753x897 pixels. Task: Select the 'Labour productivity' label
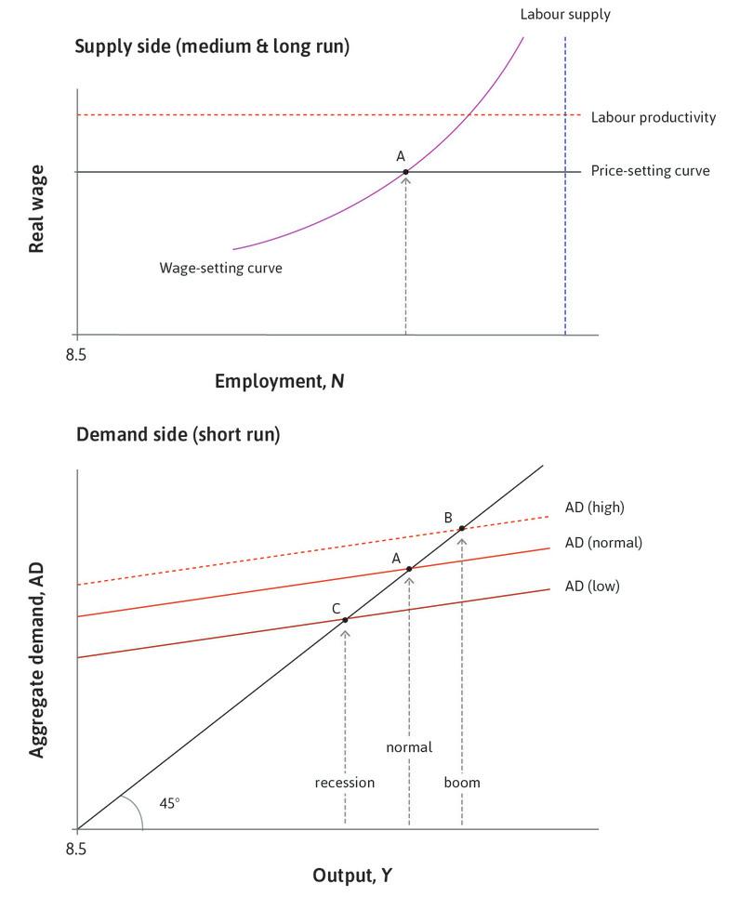(x=654, y=117)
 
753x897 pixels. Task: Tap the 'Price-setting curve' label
(x=650, y=171)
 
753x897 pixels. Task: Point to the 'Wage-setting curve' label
(x=220, y=268)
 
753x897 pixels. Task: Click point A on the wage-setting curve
(x=406, y=172)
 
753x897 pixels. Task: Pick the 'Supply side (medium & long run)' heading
(x=212, y=46)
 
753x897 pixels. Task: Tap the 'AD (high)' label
(x=594, y=508)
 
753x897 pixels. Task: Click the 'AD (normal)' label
(x=603, y=542)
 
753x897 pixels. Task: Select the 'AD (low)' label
(x=591, y=586)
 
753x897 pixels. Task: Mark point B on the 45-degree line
(x=462, y=528)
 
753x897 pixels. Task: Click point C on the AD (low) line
(x=345, y=620)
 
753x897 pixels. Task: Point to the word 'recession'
(x=344, y=782)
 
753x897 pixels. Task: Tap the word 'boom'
(x=462, y=782)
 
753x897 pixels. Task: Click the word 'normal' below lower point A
(x=409, y=746)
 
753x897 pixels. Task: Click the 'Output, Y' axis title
(x=352, y=875)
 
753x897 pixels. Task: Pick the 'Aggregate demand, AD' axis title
(x=37, y=660)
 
